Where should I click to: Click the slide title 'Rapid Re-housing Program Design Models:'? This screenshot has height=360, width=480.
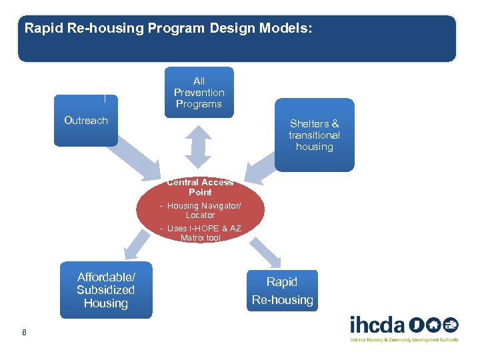168,29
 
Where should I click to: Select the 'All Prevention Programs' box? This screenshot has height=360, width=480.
199,93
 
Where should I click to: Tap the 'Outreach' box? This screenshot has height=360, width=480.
85,121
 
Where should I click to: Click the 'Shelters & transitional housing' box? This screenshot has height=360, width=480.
314,135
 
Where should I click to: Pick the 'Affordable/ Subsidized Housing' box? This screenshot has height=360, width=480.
105,291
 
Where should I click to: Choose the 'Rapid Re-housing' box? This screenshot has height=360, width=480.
282,291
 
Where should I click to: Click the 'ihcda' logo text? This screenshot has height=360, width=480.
377,325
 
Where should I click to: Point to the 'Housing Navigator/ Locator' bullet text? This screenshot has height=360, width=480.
200,211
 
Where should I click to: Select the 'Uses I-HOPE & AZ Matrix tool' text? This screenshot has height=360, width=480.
200,233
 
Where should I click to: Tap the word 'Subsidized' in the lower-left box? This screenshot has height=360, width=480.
105,290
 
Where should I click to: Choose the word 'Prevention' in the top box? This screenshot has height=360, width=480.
199,93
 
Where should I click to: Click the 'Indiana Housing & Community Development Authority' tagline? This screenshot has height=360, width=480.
404,340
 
